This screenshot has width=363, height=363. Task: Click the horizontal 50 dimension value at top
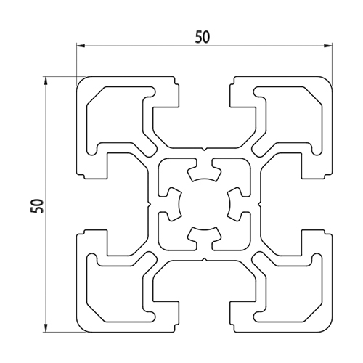tap(203, 37)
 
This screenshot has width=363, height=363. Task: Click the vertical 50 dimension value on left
tap(38, 206)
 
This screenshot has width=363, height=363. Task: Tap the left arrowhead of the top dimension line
tap(81, 45)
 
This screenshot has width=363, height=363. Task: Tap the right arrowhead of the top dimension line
tap(328, 45)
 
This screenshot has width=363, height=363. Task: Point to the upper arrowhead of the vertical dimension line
tap(45, 81)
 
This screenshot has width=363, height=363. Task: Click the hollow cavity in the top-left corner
tap(116, 118)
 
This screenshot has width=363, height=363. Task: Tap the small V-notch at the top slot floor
tap(205, 149)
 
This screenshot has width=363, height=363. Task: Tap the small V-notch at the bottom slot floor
tap(205, 259)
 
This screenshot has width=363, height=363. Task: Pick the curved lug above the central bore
tap(205, 173)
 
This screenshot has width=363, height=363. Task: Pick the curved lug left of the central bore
tap(174, 205)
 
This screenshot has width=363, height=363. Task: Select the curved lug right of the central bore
tap(235, 205)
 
